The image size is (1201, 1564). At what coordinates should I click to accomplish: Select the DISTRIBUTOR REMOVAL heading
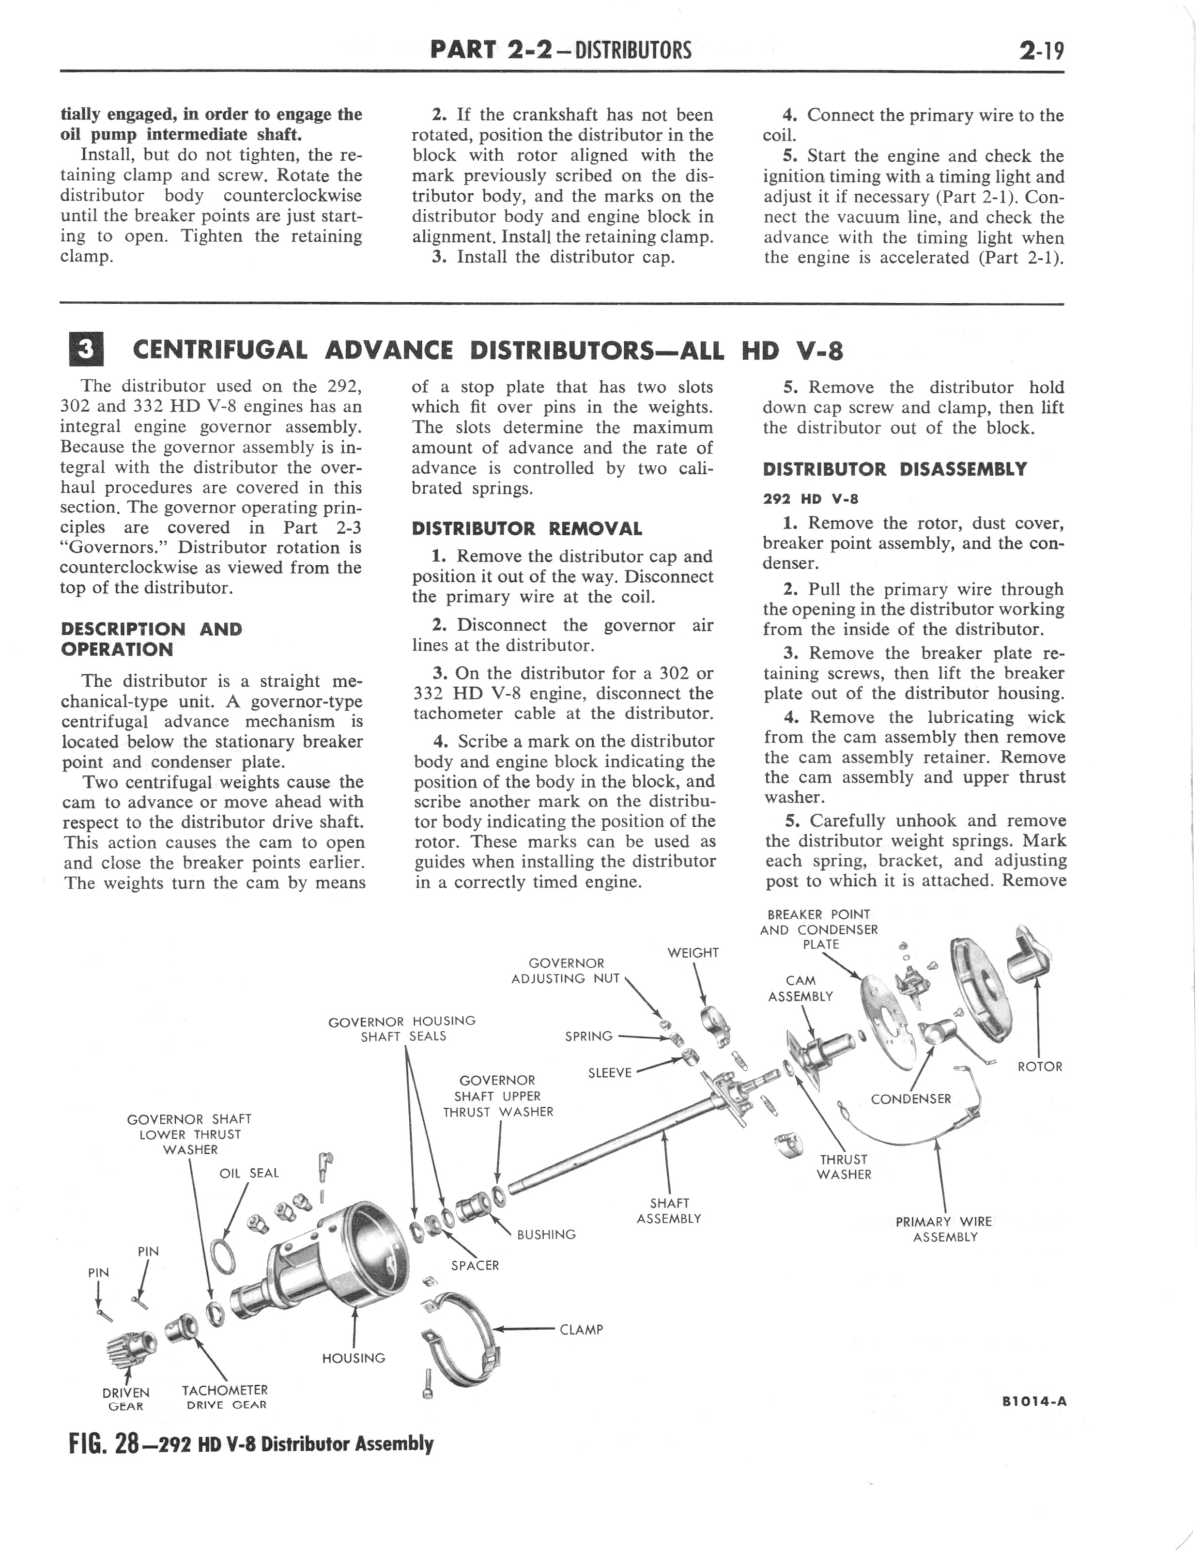[527, 529]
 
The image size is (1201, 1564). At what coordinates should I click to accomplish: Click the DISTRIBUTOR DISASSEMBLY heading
[894, 470]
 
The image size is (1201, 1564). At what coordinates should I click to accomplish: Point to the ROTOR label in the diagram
[1039, 1067]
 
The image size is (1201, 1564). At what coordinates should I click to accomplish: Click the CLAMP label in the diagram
[581, 1330]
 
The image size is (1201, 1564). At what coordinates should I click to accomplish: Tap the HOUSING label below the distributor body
[353, 1358]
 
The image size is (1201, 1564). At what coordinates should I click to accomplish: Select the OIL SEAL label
[249, 1173]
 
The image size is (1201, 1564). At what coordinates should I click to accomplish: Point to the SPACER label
[475, 1265]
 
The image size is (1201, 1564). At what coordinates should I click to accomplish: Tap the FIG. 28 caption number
[104, 1445]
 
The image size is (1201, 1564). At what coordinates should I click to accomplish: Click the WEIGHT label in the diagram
[693, 953]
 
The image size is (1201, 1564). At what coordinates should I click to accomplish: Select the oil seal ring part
[224, 1256]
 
